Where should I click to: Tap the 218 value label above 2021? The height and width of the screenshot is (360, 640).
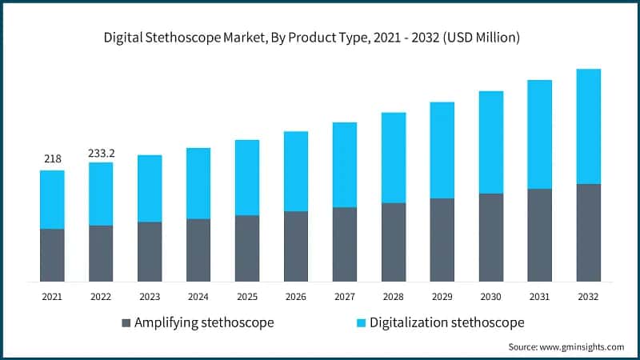(52, 159)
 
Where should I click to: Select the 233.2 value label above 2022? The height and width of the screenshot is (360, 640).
(101, 152)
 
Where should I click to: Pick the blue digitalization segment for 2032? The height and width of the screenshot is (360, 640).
(588, 126)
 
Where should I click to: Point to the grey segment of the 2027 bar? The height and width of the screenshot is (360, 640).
(345, 244)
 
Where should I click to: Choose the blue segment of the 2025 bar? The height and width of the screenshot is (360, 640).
(247, 178)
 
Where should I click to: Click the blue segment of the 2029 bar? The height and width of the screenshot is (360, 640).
(442, 150)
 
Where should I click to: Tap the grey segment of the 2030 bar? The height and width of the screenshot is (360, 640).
(490, 238)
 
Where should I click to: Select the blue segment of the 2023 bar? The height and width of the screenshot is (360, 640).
(150, 188)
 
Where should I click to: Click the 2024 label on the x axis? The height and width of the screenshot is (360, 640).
(198, 297)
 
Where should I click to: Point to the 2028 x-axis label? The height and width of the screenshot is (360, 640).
(394, 297)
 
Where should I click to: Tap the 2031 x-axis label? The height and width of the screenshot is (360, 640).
(540, 297)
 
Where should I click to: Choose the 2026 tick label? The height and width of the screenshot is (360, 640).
(296, 297)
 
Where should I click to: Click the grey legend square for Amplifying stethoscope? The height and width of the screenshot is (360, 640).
(126, 323)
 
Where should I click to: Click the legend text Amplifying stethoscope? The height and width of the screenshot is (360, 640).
(204, 323)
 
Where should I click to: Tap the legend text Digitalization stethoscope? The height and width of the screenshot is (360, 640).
(441, 323)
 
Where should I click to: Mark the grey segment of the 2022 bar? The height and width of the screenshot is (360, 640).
(101, 254)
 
